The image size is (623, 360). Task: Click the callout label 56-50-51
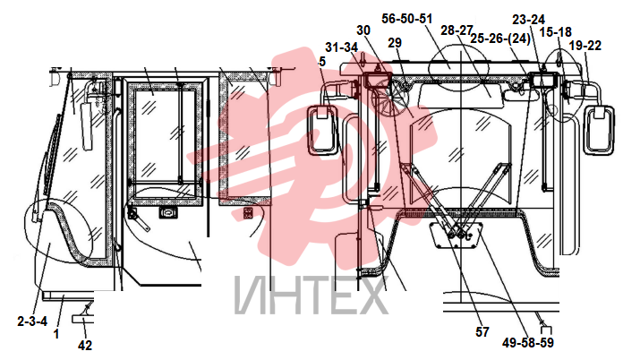click(407, 19)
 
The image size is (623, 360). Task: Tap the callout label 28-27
click(457, 30)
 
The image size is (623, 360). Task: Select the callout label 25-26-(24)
click(500, 39)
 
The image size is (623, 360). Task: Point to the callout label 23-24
click(529, 20)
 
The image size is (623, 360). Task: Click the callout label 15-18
click(556, 31)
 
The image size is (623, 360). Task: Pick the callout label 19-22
click(585, 46)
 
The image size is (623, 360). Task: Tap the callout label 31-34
click(342, 47)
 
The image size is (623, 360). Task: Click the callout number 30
click(363, 30)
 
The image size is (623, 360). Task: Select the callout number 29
click(395, 43)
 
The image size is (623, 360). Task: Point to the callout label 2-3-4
click(32, 321)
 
